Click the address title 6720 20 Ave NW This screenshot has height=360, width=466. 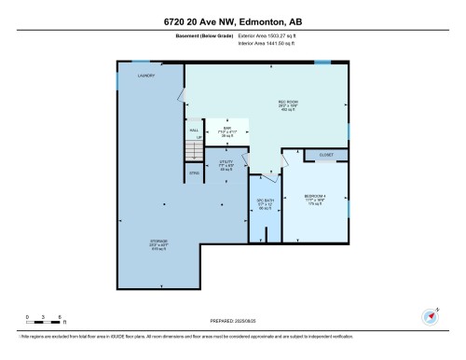(232, 21)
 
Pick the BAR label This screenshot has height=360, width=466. (226, 129)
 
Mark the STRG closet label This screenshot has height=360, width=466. (195, 173)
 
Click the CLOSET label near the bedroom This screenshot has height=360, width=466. (325, 155)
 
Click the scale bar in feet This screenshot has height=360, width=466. (44, 318)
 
